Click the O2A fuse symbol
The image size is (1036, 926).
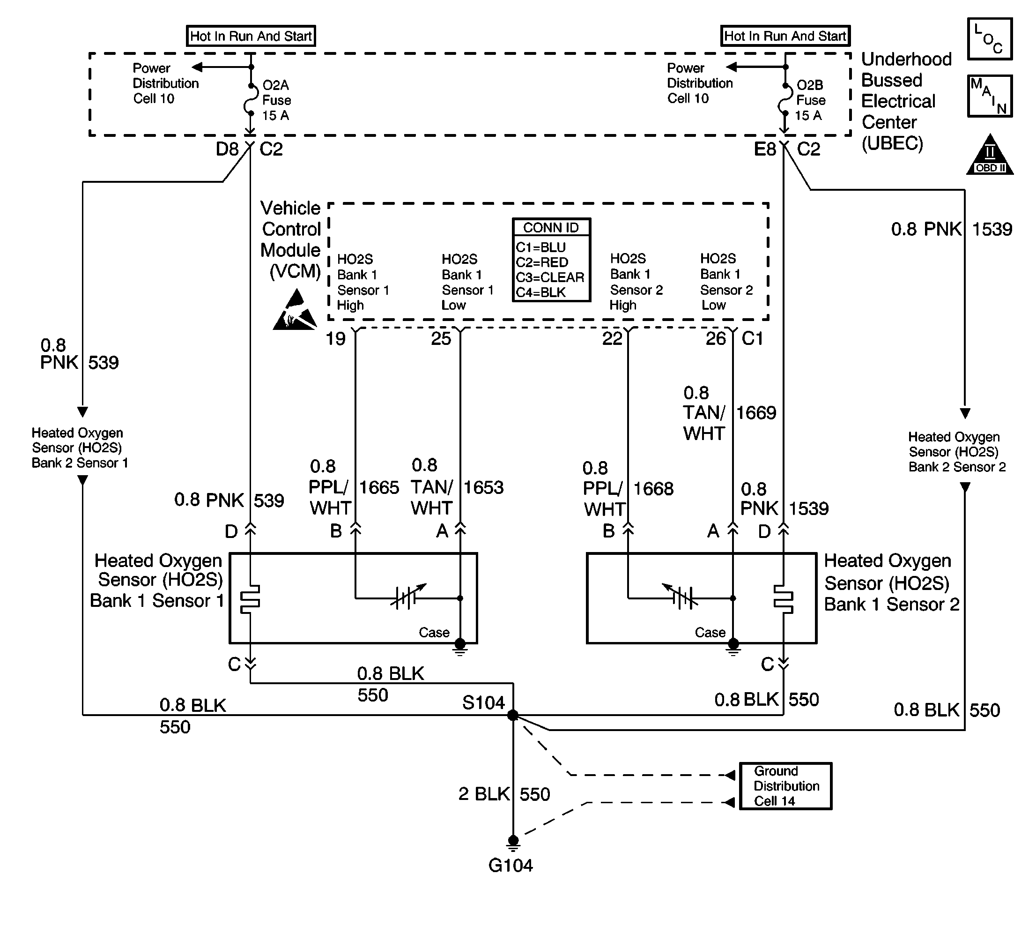tap(250, 100)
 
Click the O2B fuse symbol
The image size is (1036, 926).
tap(785, 100)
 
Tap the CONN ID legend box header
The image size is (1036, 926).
tap(551, 227)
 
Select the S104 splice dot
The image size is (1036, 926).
tap(513, 716)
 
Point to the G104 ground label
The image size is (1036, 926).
tap(510, 866)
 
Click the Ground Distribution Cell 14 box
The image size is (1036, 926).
tap(785, 786)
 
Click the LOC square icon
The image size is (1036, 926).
tap(990, 39)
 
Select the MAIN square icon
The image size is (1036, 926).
tap(990, 96)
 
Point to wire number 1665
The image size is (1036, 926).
tap(379, 487)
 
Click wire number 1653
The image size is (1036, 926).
tap(483, 487)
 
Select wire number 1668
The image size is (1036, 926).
tap(653, 488)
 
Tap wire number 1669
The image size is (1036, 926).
tap(756, 413)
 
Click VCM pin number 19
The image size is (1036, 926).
tap(336, 338)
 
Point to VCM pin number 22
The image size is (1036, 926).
tap(612, 338)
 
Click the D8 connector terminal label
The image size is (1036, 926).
tap(227, 149)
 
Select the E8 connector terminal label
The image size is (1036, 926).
tap(764, 149)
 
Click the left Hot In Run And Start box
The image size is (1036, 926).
tap(251, 36)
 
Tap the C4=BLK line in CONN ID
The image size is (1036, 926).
tap(540, 292)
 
